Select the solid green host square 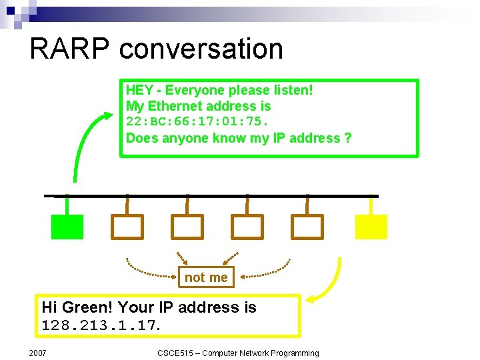67,227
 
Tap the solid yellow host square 371,227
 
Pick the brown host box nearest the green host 127,227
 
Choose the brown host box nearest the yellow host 307,227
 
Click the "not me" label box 206,277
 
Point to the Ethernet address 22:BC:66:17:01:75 197,122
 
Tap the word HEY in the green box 139,90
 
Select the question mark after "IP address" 348,138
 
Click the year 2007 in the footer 37,353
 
